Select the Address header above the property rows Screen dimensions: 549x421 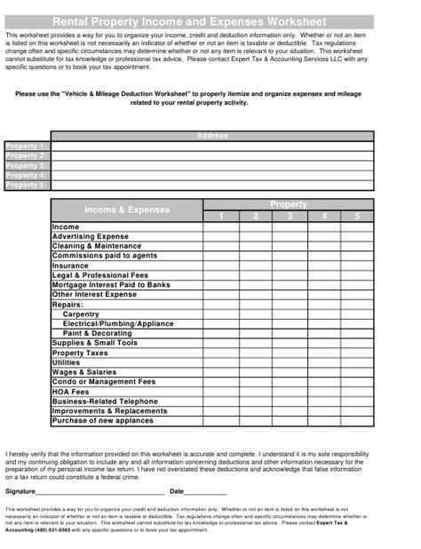pyautogui.click(x=211, y=136)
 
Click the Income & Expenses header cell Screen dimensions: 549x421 pyautogui.click(x=126, y=211)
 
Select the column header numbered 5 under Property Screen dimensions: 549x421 pyautogui.click(x=357, y=216)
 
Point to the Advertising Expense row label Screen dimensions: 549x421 pyautogui.click(x=91, y=236)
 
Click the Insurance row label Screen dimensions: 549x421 pyautogui.click(x=70, y=266)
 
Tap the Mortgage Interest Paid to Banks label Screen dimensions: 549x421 pyautogui.click(x=111, y=285)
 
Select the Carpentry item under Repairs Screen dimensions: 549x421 pyautogui.click(x=81, y=314)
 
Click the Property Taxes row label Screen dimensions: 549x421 pyautogui.click(x=80, y=353)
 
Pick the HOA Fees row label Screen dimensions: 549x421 pyautogui.click(x=71, y=392)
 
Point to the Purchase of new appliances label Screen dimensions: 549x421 pyautogui.click(x=102, y=421)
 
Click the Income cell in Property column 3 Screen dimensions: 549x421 pyautogui.click(x=289, y=227)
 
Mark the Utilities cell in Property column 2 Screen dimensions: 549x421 pyautogui.click(x=255, y=362)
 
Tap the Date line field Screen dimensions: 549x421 pyautogui.click(x=206, y=491)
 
